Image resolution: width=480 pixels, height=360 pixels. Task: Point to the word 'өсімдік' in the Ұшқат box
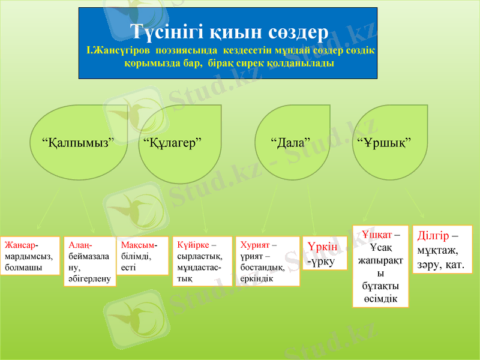[x=380, y=299]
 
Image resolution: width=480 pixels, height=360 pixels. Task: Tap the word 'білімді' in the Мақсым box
[x=136, y=256]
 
